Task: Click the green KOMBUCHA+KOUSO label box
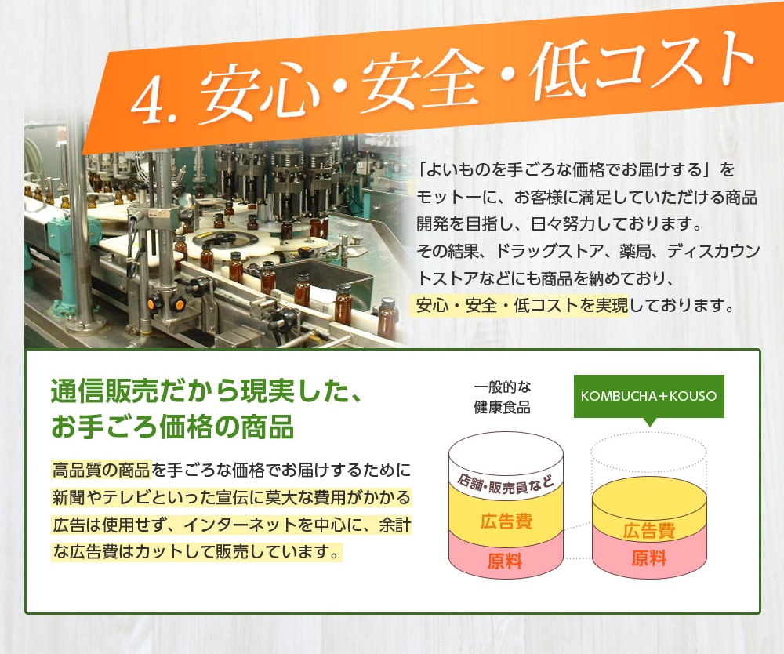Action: point(648,395)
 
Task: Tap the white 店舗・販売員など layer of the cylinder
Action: point(506,478)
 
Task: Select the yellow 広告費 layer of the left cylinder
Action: point(506,521)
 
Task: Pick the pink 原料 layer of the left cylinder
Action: point(505,561)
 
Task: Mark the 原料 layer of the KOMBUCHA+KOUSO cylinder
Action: point(649,559)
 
